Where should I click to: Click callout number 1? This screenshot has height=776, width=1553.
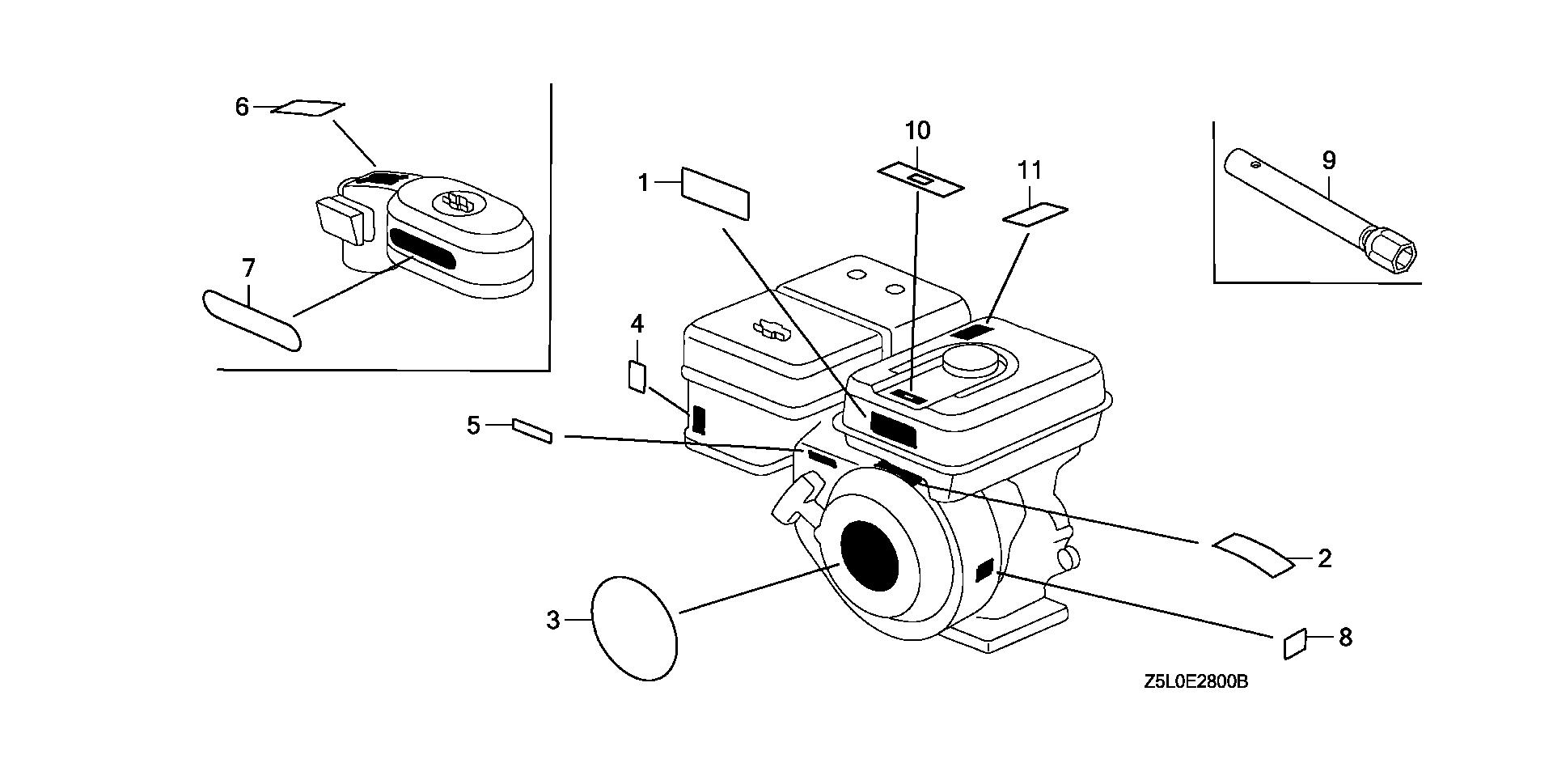(644, 184)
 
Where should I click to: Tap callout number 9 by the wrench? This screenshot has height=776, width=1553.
(1329, 160)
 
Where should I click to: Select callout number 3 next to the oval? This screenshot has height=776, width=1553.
(553, 621)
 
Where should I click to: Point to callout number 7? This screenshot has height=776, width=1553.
(248, 268)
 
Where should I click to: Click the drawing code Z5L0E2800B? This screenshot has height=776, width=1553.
(1196, 682)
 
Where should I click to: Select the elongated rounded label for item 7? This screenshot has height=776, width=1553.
(251, 320)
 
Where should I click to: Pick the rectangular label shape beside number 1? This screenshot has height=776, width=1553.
(716, 193)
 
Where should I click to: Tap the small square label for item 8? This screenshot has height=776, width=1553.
(1295, 643)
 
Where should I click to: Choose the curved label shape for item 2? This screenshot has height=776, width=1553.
(1252, 555)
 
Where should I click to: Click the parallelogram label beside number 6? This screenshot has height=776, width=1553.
(307, 108)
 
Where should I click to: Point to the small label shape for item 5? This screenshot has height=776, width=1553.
(532, 431)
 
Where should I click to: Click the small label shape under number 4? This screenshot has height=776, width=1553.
(637, 377)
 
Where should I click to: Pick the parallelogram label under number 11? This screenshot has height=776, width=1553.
(1035, 214)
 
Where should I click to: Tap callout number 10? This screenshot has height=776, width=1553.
(917, 130)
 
